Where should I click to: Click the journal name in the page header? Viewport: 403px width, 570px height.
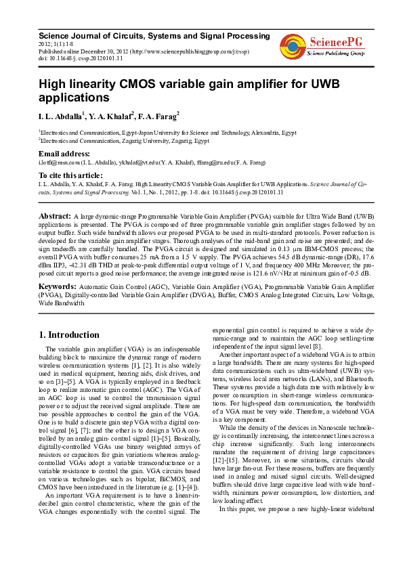coord(154,35)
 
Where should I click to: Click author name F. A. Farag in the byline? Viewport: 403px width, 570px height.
coord(158,116)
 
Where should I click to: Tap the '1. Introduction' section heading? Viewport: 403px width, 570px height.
coord(69,334)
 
